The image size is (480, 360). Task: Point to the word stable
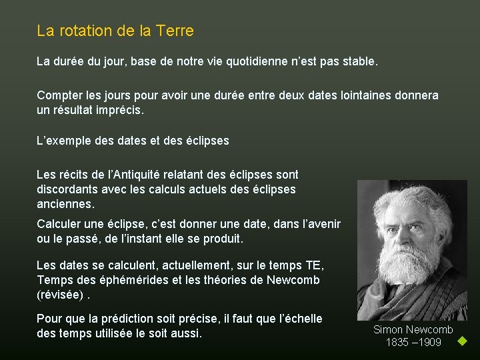click(x=358, y=63)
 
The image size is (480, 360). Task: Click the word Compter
click(x=60, y=95)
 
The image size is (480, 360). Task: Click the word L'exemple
click(x=65, y=141)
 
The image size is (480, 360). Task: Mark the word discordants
click(x=69, y=189)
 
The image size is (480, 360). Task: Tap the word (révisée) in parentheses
click(x=60, y=294)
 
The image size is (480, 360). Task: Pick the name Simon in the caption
click(x=389, y=329)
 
